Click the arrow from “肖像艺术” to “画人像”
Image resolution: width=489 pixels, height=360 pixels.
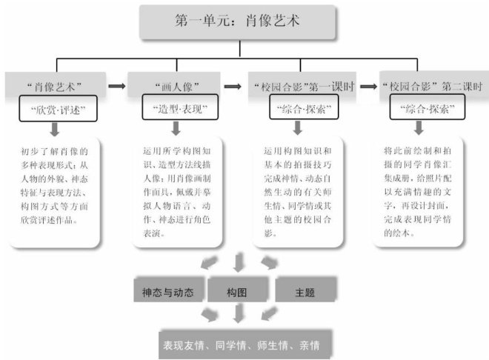click(116, 86)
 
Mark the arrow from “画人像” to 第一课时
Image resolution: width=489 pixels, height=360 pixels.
click(233, 86)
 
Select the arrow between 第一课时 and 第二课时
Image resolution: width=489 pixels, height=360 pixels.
click(365, 86)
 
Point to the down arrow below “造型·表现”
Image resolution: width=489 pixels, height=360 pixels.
click(173, 128)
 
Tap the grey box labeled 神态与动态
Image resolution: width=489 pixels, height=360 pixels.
click(168, 291)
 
